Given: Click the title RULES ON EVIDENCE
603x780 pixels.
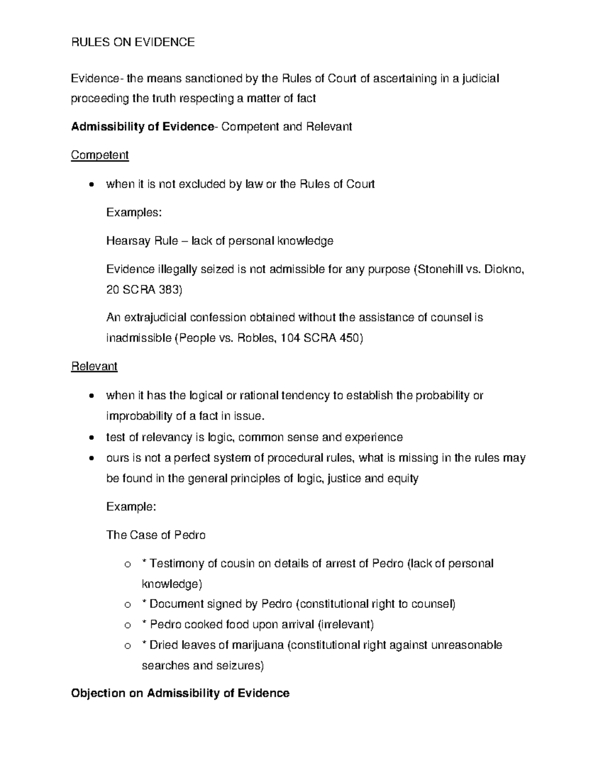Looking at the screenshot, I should (x=133, y=42).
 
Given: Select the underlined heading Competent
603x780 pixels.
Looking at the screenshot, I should (x=99, y=155).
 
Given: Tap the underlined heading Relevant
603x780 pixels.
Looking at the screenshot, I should (x=94, y=367).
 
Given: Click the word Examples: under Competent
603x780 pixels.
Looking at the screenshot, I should (x=134, y=212).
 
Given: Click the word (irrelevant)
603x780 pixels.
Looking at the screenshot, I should (x=347, y=624).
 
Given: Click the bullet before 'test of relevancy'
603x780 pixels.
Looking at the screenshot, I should (x=90, y=438).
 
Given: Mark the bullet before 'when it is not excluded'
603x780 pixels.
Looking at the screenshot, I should (x=90, y=185).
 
